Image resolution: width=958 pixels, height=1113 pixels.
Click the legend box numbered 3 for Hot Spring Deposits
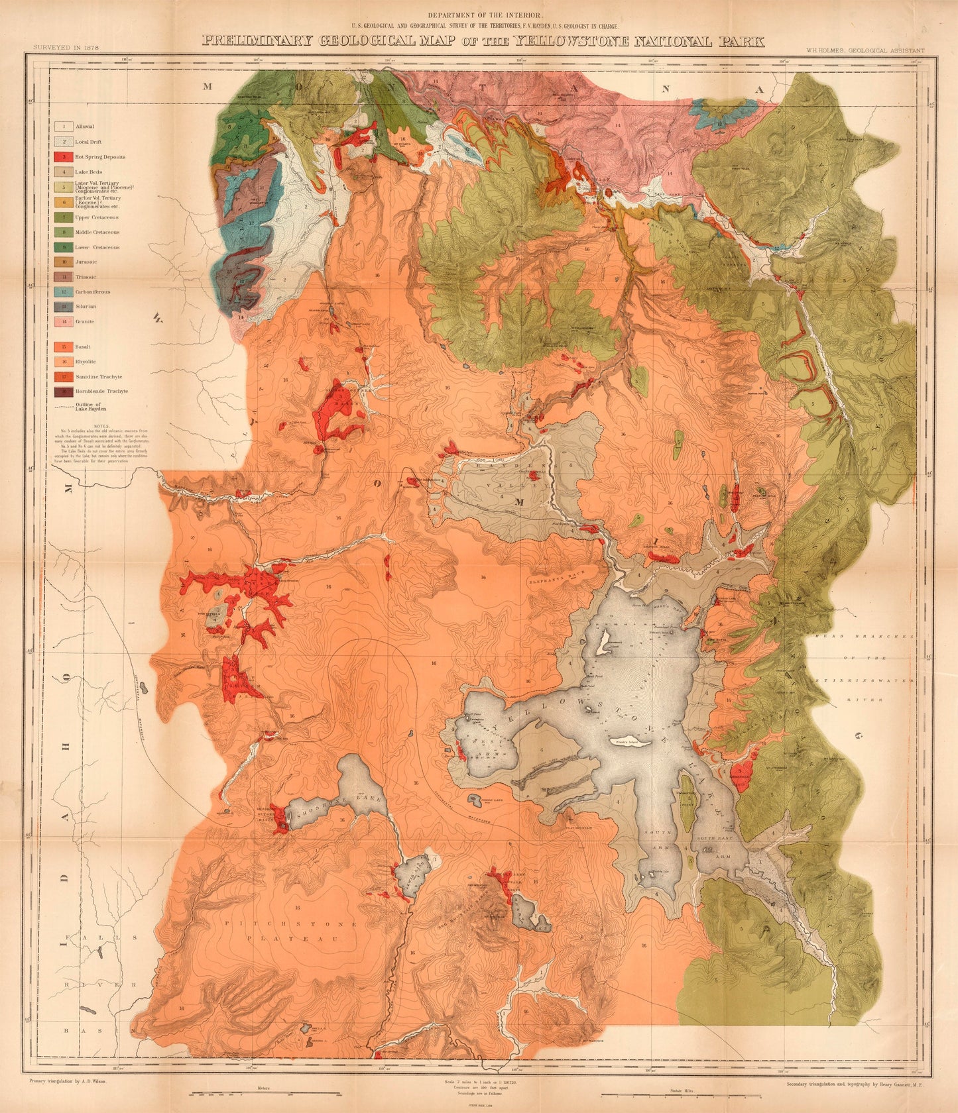(x=64, y=157)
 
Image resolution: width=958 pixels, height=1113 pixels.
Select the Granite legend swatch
(x=64, y=321)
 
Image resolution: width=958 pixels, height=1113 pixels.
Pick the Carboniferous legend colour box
(x=64, y=291)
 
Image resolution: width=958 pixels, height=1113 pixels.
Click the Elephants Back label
(x=556, y=580)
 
